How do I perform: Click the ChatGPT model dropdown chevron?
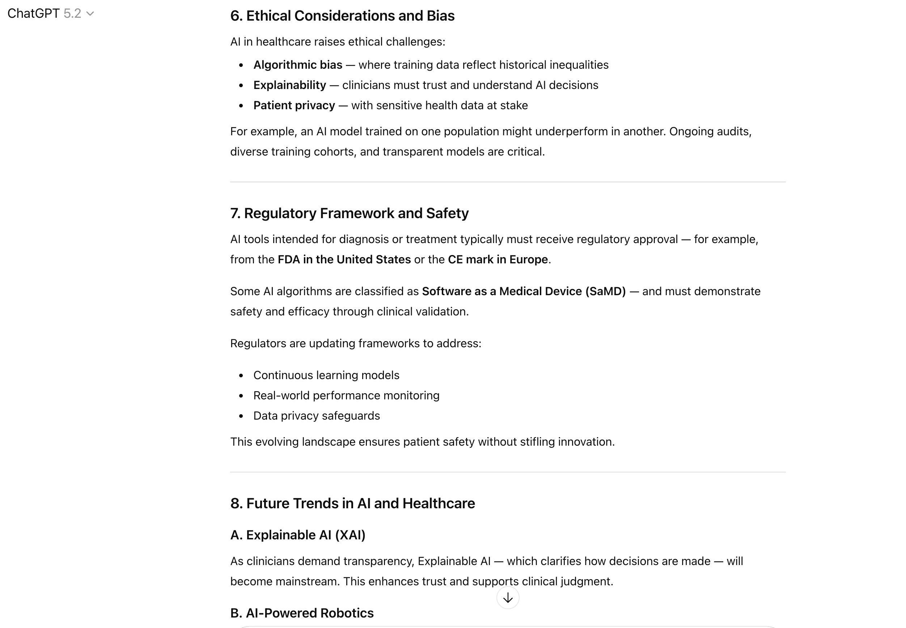click(x=90, y=14)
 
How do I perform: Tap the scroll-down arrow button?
click(x=508, y=598)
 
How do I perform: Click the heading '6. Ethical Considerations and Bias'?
click(x=342, y=16)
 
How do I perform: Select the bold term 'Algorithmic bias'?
click(x=297, y=65)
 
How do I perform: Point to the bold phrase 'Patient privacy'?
click(x=294, y=106)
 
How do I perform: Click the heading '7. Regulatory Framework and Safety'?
click(x=349, y=213)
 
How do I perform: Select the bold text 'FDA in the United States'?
click(x=344, y=260)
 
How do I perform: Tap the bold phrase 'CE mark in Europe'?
click(x=498, y=260)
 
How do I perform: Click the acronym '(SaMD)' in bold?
click(x=605, y=291)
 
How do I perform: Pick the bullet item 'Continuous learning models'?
click(x=326, y=375)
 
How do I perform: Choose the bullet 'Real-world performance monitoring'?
click(x=346, y=395)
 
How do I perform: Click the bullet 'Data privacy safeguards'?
click(x=317, y=416)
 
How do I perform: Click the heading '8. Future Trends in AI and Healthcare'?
click(x=352, y=504)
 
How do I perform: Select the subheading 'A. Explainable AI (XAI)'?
click(x=297, y=535)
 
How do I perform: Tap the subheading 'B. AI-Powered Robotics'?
click(x=301, y=613)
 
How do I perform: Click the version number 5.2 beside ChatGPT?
click(x=72, y=14)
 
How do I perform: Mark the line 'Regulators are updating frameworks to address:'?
click(x=355, y=344)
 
